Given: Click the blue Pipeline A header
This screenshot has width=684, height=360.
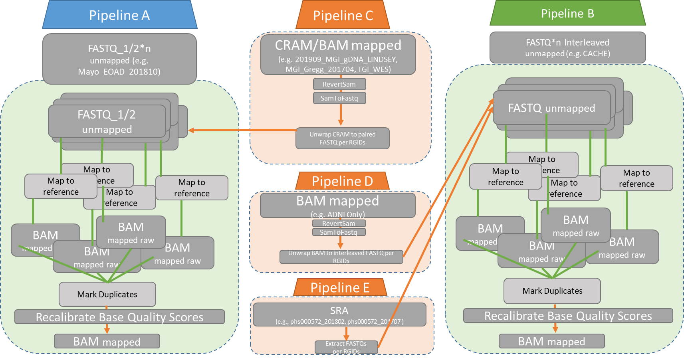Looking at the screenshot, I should point(119,15).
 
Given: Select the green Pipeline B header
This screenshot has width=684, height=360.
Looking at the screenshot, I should point(567,14).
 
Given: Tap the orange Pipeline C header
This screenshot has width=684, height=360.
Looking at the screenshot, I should point(343,16).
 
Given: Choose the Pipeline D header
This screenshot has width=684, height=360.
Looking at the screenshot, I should point(342,181).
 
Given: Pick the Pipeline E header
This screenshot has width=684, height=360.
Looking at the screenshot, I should point(340,287).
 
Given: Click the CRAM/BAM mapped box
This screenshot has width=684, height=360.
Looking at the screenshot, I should point(338,55).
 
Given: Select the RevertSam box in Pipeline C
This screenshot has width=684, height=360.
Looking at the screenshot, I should point(339,84).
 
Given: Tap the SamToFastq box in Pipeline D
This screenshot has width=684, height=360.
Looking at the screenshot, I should point(339,232).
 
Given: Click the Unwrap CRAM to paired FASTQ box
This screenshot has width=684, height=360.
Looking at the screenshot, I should point(342,138).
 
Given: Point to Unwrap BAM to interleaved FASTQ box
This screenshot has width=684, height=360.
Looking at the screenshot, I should point(341,257).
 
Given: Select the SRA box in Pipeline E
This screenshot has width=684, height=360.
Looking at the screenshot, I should point(339,315).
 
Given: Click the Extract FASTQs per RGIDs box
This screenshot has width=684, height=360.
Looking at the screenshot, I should point(346,347).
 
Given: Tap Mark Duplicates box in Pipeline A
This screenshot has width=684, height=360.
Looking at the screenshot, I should point(107,294).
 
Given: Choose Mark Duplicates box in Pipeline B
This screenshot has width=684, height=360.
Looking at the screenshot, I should point(552,291).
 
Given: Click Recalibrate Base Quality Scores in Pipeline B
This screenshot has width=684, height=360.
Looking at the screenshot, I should point(567,316).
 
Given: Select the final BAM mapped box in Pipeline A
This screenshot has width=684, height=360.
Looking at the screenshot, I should point(107,342).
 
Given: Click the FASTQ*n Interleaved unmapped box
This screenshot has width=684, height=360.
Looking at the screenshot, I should point(567,47).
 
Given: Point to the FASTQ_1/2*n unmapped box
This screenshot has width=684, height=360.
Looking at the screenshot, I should point(119,59).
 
